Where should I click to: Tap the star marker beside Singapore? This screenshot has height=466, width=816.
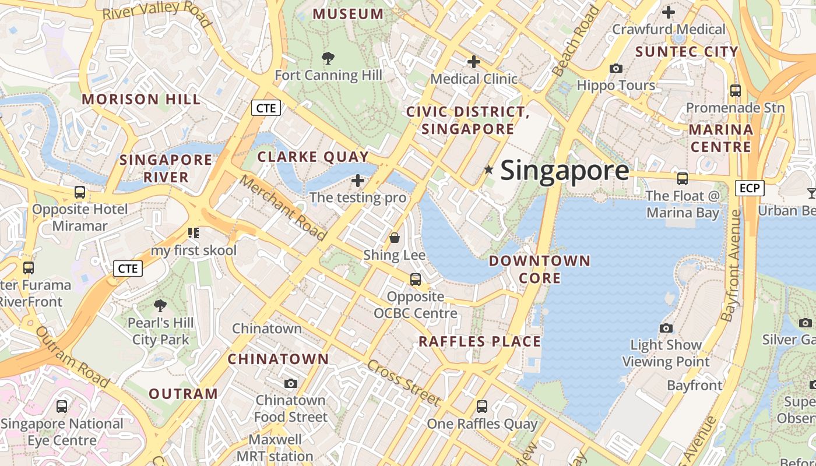click(x=488, y=170)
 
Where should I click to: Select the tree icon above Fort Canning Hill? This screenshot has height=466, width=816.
click(x=328, y=58)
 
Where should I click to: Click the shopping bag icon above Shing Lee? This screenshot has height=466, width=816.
click(x=395, y=238)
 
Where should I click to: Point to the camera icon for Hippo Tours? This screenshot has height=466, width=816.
click(x=615, y=68)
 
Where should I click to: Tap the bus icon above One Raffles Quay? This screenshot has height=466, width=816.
click(x=481, y=407)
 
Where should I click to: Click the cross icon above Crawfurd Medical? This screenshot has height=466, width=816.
click(x=669, y=12)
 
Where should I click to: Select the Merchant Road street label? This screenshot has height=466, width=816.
click(x=283, y=208)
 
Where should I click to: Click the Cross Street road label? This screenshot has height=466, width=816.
click(x=403, y=383)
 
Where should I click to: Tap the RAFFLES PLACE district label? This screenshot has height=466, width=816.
click(x=480, y=341)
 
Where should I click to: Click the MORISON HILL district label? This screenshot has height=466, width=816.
click(x=141, y=99)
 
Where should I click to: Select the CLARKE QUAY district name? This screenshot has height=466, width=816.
click(x=313, y=157)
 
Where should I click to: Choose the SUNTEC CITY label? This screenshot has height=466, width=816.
click(x=687, y=52)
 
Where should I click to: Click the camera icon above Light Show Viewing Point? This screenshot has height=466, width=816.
click(x=666, y=328)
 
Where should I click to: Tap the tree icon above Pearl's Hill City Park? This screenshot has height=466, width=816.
click(x=160, y=305)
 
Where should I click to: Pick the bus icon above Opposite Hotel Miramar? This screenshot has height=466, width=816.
click(x=80, y=192)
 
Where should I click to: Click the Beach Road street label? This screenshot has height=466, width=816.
click(x=575, y=41)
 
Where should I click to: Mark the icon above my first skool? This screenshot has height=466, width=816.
click(x=194, y=234)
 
